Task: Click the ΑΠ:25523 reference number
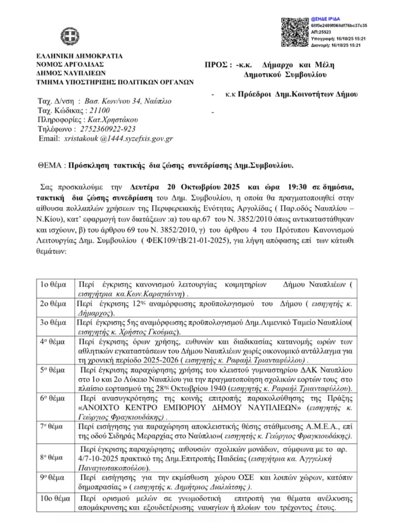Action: pyautogui.click(x=321, y=32)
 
